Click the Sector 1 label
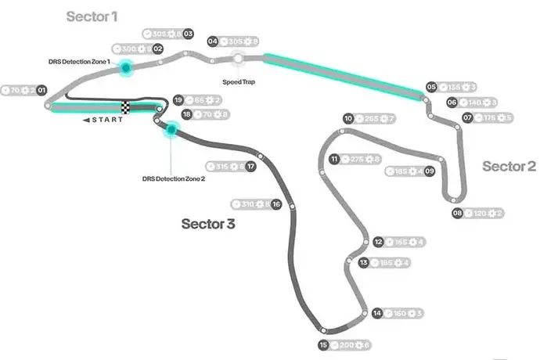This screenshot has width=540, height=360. pyautogui.click(x=92, y=16)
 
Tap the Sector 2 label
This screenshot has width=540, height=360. pyautogui.click(x=509, y=166)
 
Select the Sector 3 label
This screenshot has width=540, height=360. pyautogui.click(x=208, y=224)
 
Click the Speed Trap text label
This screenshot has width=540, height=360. pyautogui.click(x=239, y=81)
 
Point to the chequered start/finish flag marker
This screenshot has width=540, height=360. pyautogui.click(x=125, y=107)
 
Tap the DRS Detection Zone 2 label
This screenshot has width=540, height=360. pyautogui.click(x=173, y=178)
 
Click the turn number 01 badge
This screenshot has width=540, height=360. pyautogui.click(x=41, y=91)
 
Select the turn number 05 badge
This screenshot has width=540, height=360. pyautogui.click(x=431, y=87)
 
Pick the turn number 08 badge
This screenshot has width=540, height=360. pyautogui.click(x=457, y=213)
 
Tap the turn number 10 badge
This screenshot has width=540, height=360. pyautogui.click(x=348, y=119)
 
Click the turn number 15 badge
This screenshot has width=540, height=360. pyautogui.click(x=323, y=345)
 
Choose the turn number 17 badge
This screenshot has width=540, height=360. pyautogui.click(x=250, y=166)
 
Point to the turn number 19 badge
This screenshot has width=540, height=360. pyautogui.click(x=178, y=100)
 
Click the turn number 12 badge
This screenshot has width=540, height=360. pyautogui.click(x=378, y=242)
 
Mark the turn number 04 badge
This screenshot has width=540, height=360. pyautogui.click(x=212, y=41)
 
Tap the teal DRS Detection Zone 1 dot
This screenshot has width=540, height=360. pyautogui.click(x=124, y=69)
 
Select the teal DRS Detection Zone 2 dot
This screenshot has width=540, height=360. pyautogui.click(x=169, y=129)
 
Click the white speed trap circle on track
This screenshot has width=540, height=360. pyautogui.click(x=239, y=58)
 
